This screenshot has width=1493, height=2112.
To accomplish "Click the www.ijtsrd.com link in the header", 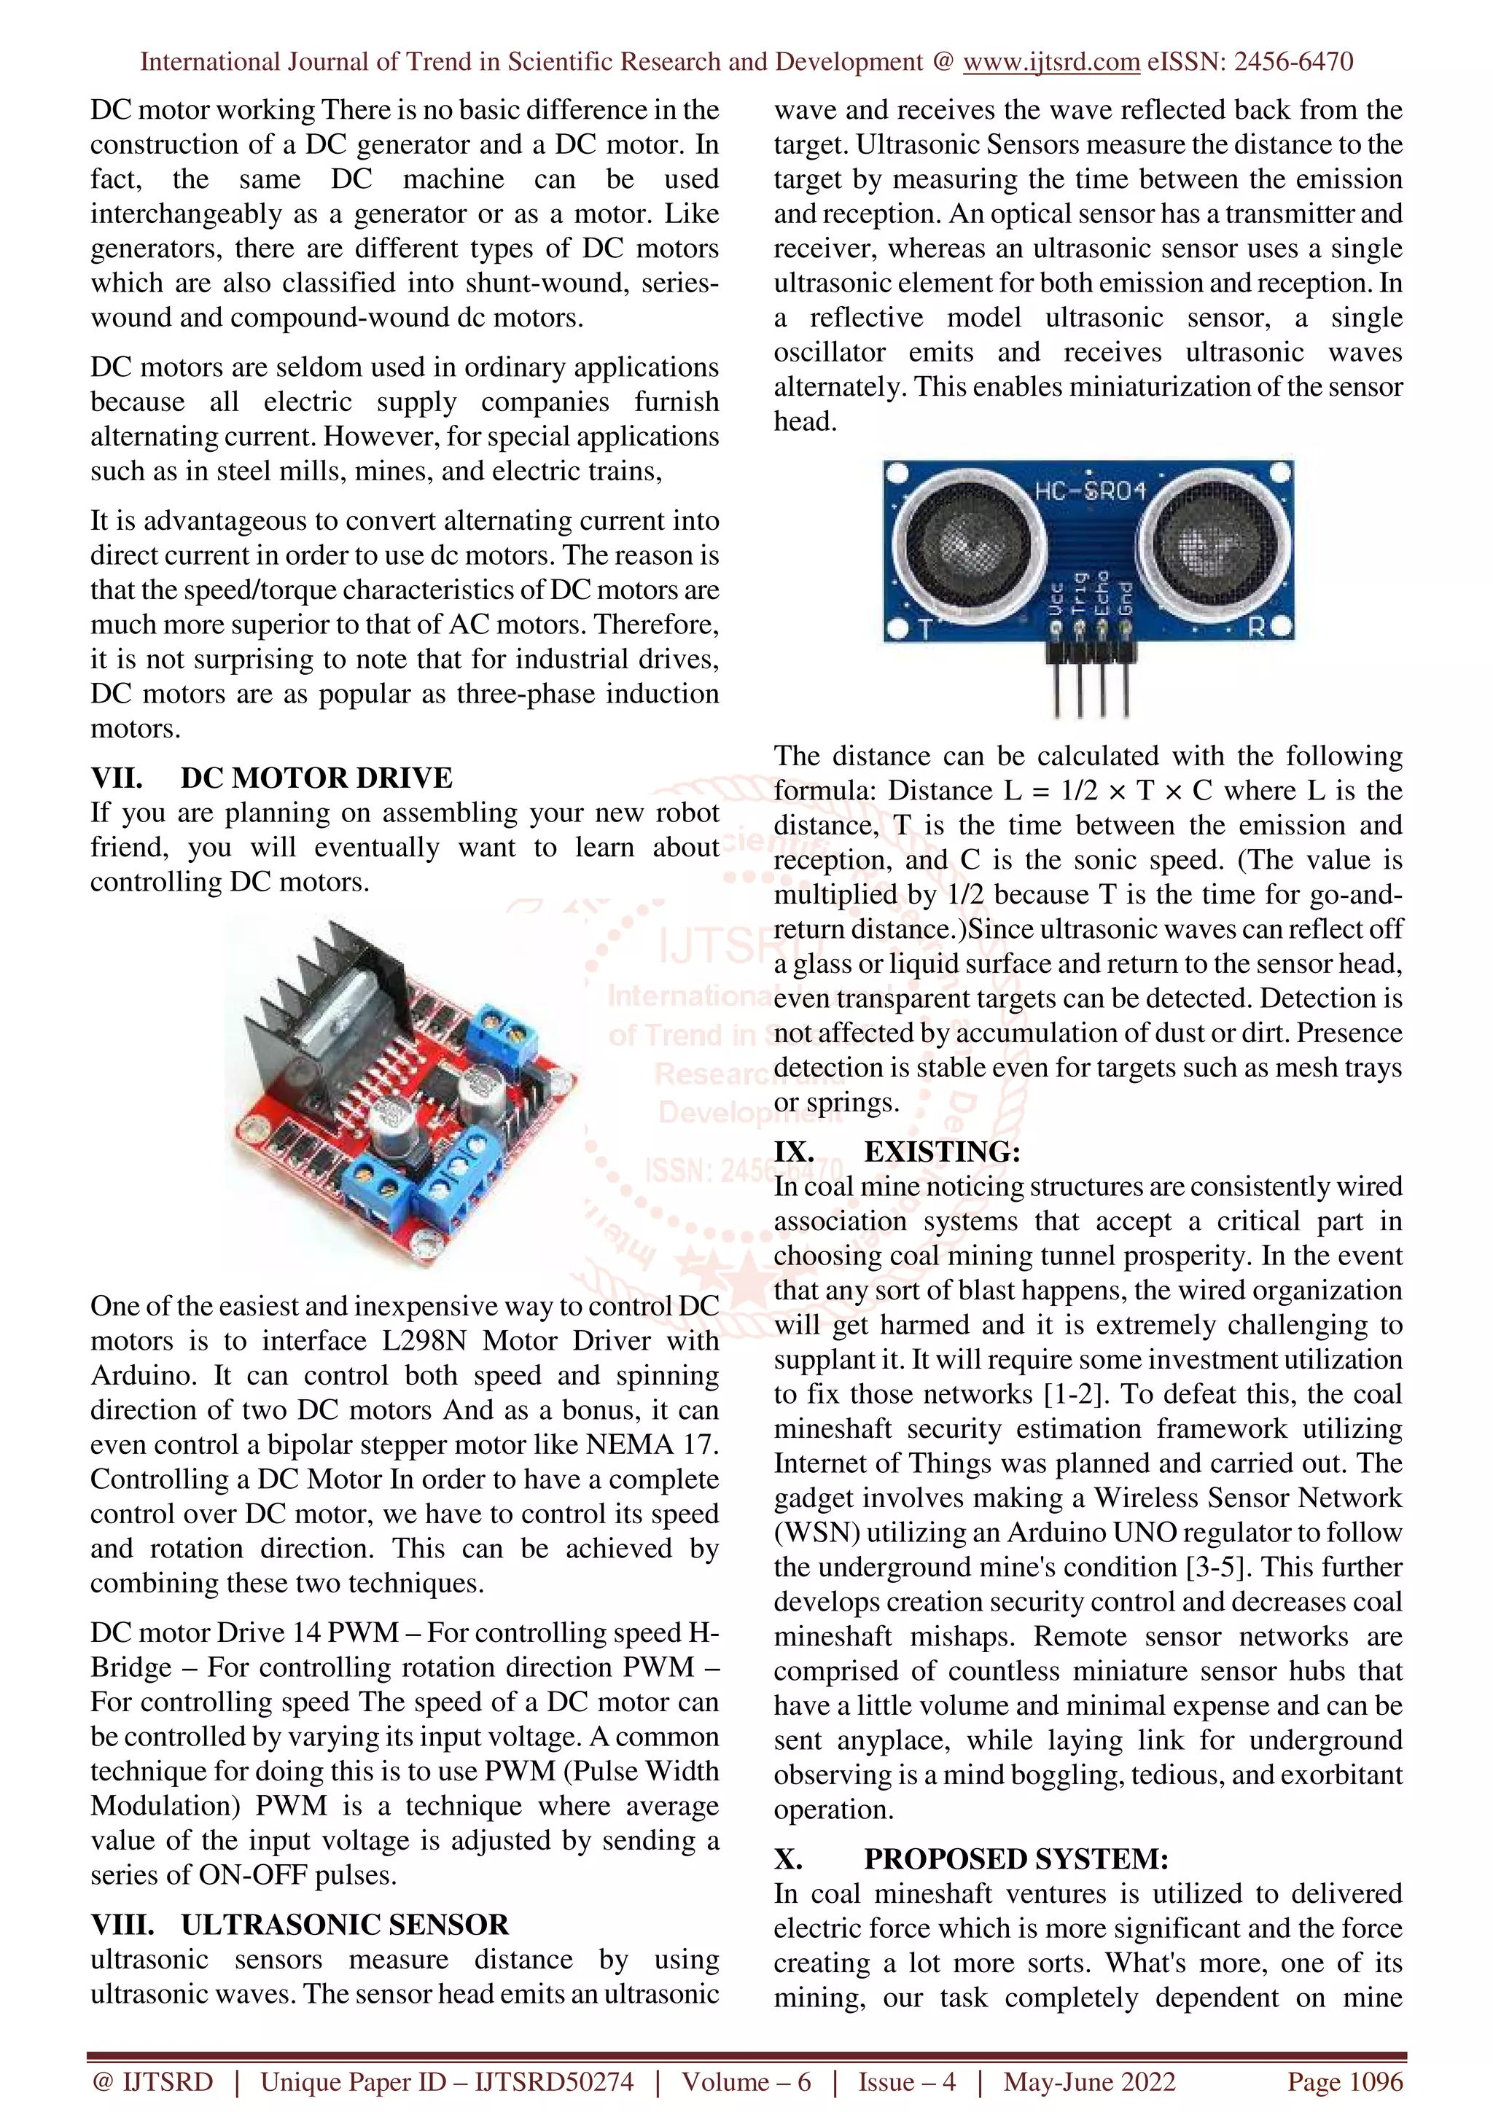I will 1051,62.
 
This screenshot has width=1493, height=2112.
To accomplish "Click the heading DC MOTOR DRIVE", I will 316,778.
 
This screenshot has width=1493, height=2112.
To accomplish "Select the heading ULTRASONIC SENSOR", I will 345,1925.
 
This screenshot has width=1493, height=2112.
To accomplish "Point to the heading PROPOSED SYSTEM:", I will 1016,1858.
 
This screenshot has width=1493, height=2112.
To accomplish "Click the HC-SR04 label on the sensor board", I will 1090,491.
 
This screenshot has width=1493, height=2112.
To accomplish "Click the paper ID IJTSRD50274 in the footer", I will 554,2081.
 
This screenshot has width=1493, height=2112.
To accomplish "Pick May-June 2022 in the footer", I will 1089,2081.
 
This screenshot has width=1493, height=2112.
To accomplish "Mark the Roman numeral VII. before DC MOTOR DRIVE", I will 116,778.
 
